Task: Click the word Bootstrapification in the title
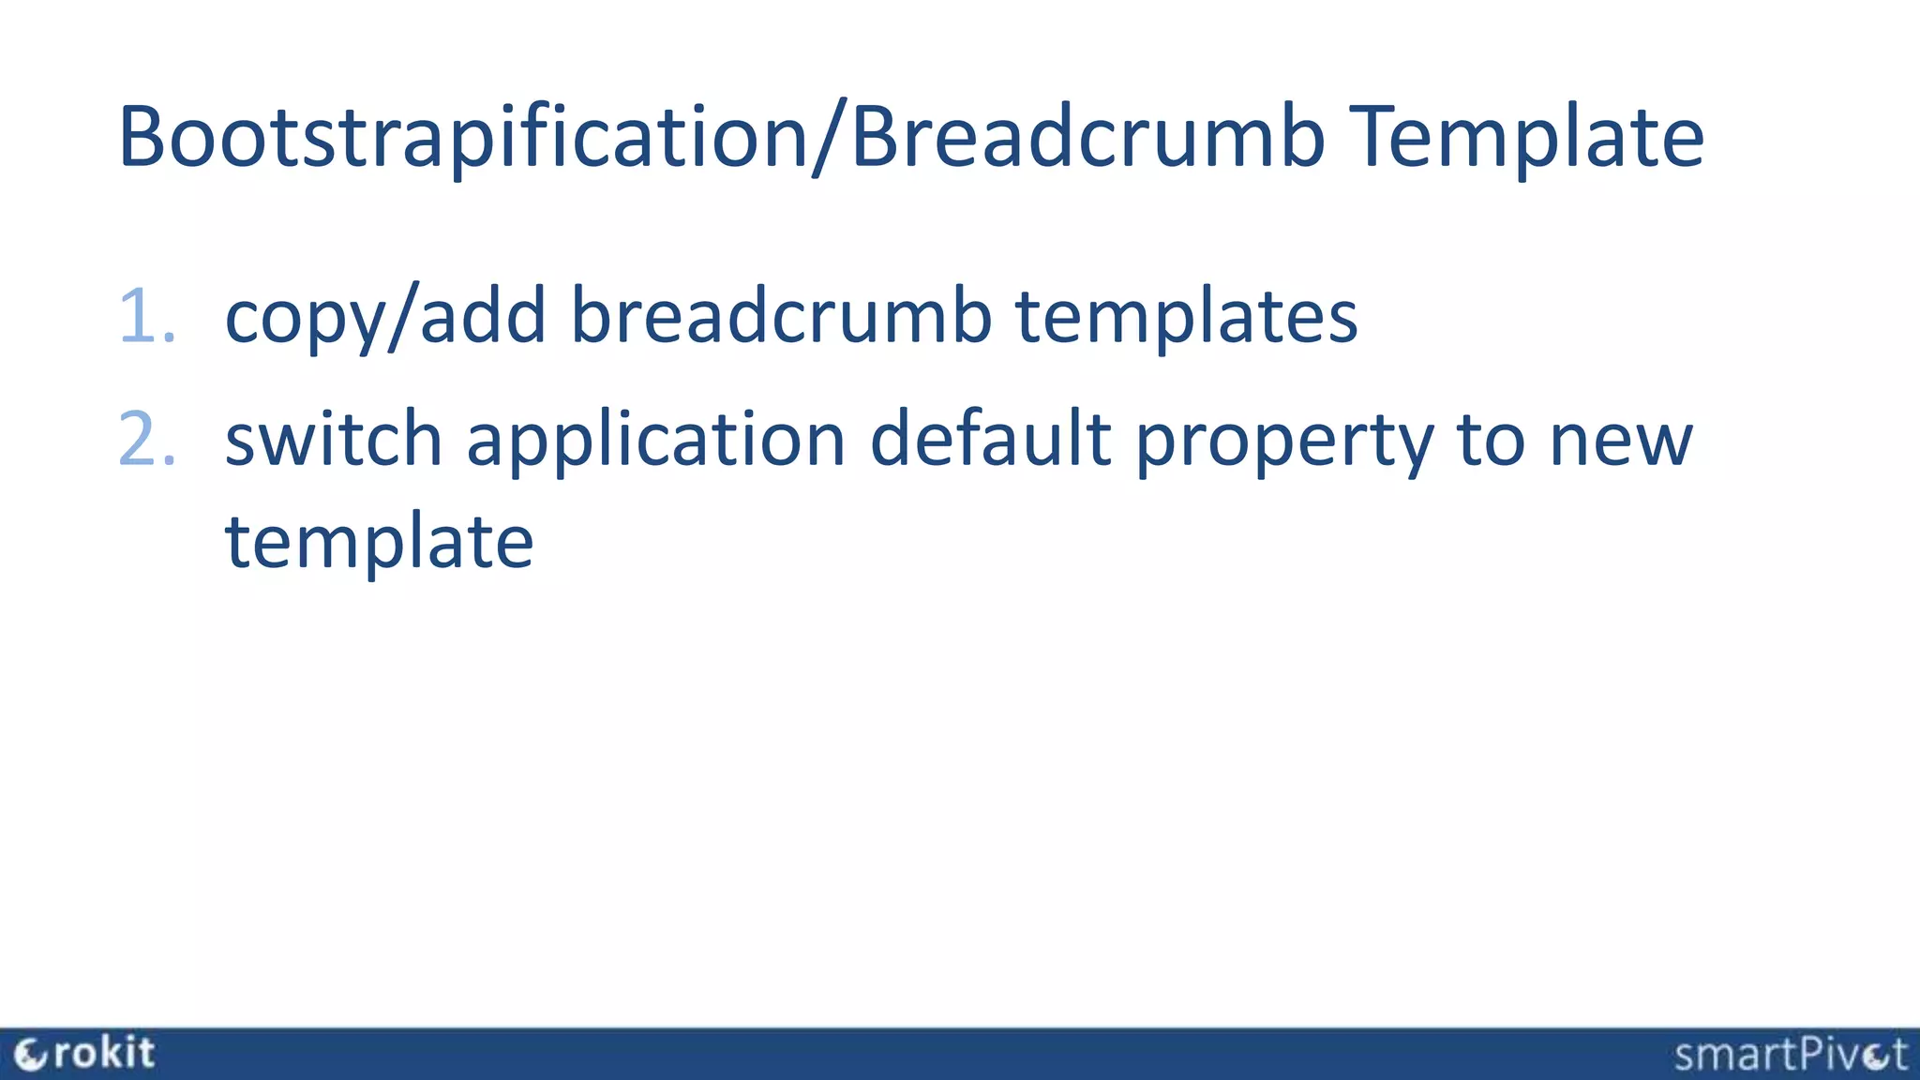463,137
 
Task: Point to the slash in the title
829,139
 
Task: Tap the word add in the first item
483,315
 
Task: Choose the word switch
333,439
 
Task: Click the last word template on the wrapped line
379,542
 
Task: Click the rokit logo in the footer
84,1054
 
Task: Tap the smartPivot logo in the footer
1790,1055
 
